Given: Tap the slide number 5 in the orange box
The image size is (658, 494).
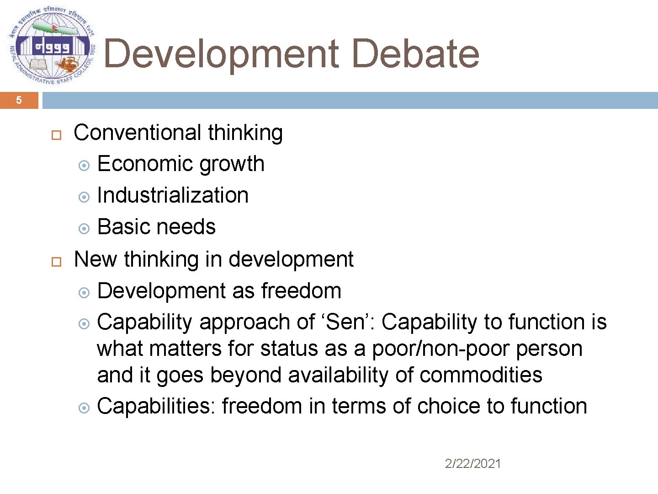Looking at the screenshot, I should click(19, 100).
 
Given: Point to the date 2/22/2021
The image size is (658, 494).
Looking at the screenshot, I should click(473, 464).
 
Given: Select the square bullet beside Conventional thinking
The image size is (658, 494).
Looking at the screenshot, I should click(56, 135).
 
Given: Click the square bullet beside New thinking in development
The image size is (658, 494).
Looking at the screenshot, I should click(56, 262).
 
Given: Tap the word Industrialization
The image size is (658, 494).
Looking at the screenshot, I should click(173, 195).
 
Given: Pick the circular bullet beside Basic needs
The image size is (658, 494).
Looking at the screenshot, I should click(84, 228).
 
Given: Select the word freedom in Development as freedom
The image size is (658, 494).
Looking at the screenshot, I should click(301, 291).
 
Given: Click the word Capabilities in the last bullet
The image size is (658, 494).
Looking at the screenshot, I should click(156, 406).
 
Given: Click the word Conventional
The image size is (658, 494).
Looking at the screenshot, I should click(137, 133).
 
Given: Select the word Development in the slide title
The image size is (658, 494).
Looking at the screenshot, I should click(221, 54).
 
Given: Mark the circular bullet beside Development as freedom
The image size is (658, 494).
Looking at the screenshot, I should click(84, 292).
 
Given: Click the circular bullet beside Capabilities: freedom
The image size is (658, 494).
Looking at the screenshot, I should click(84, 408).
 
